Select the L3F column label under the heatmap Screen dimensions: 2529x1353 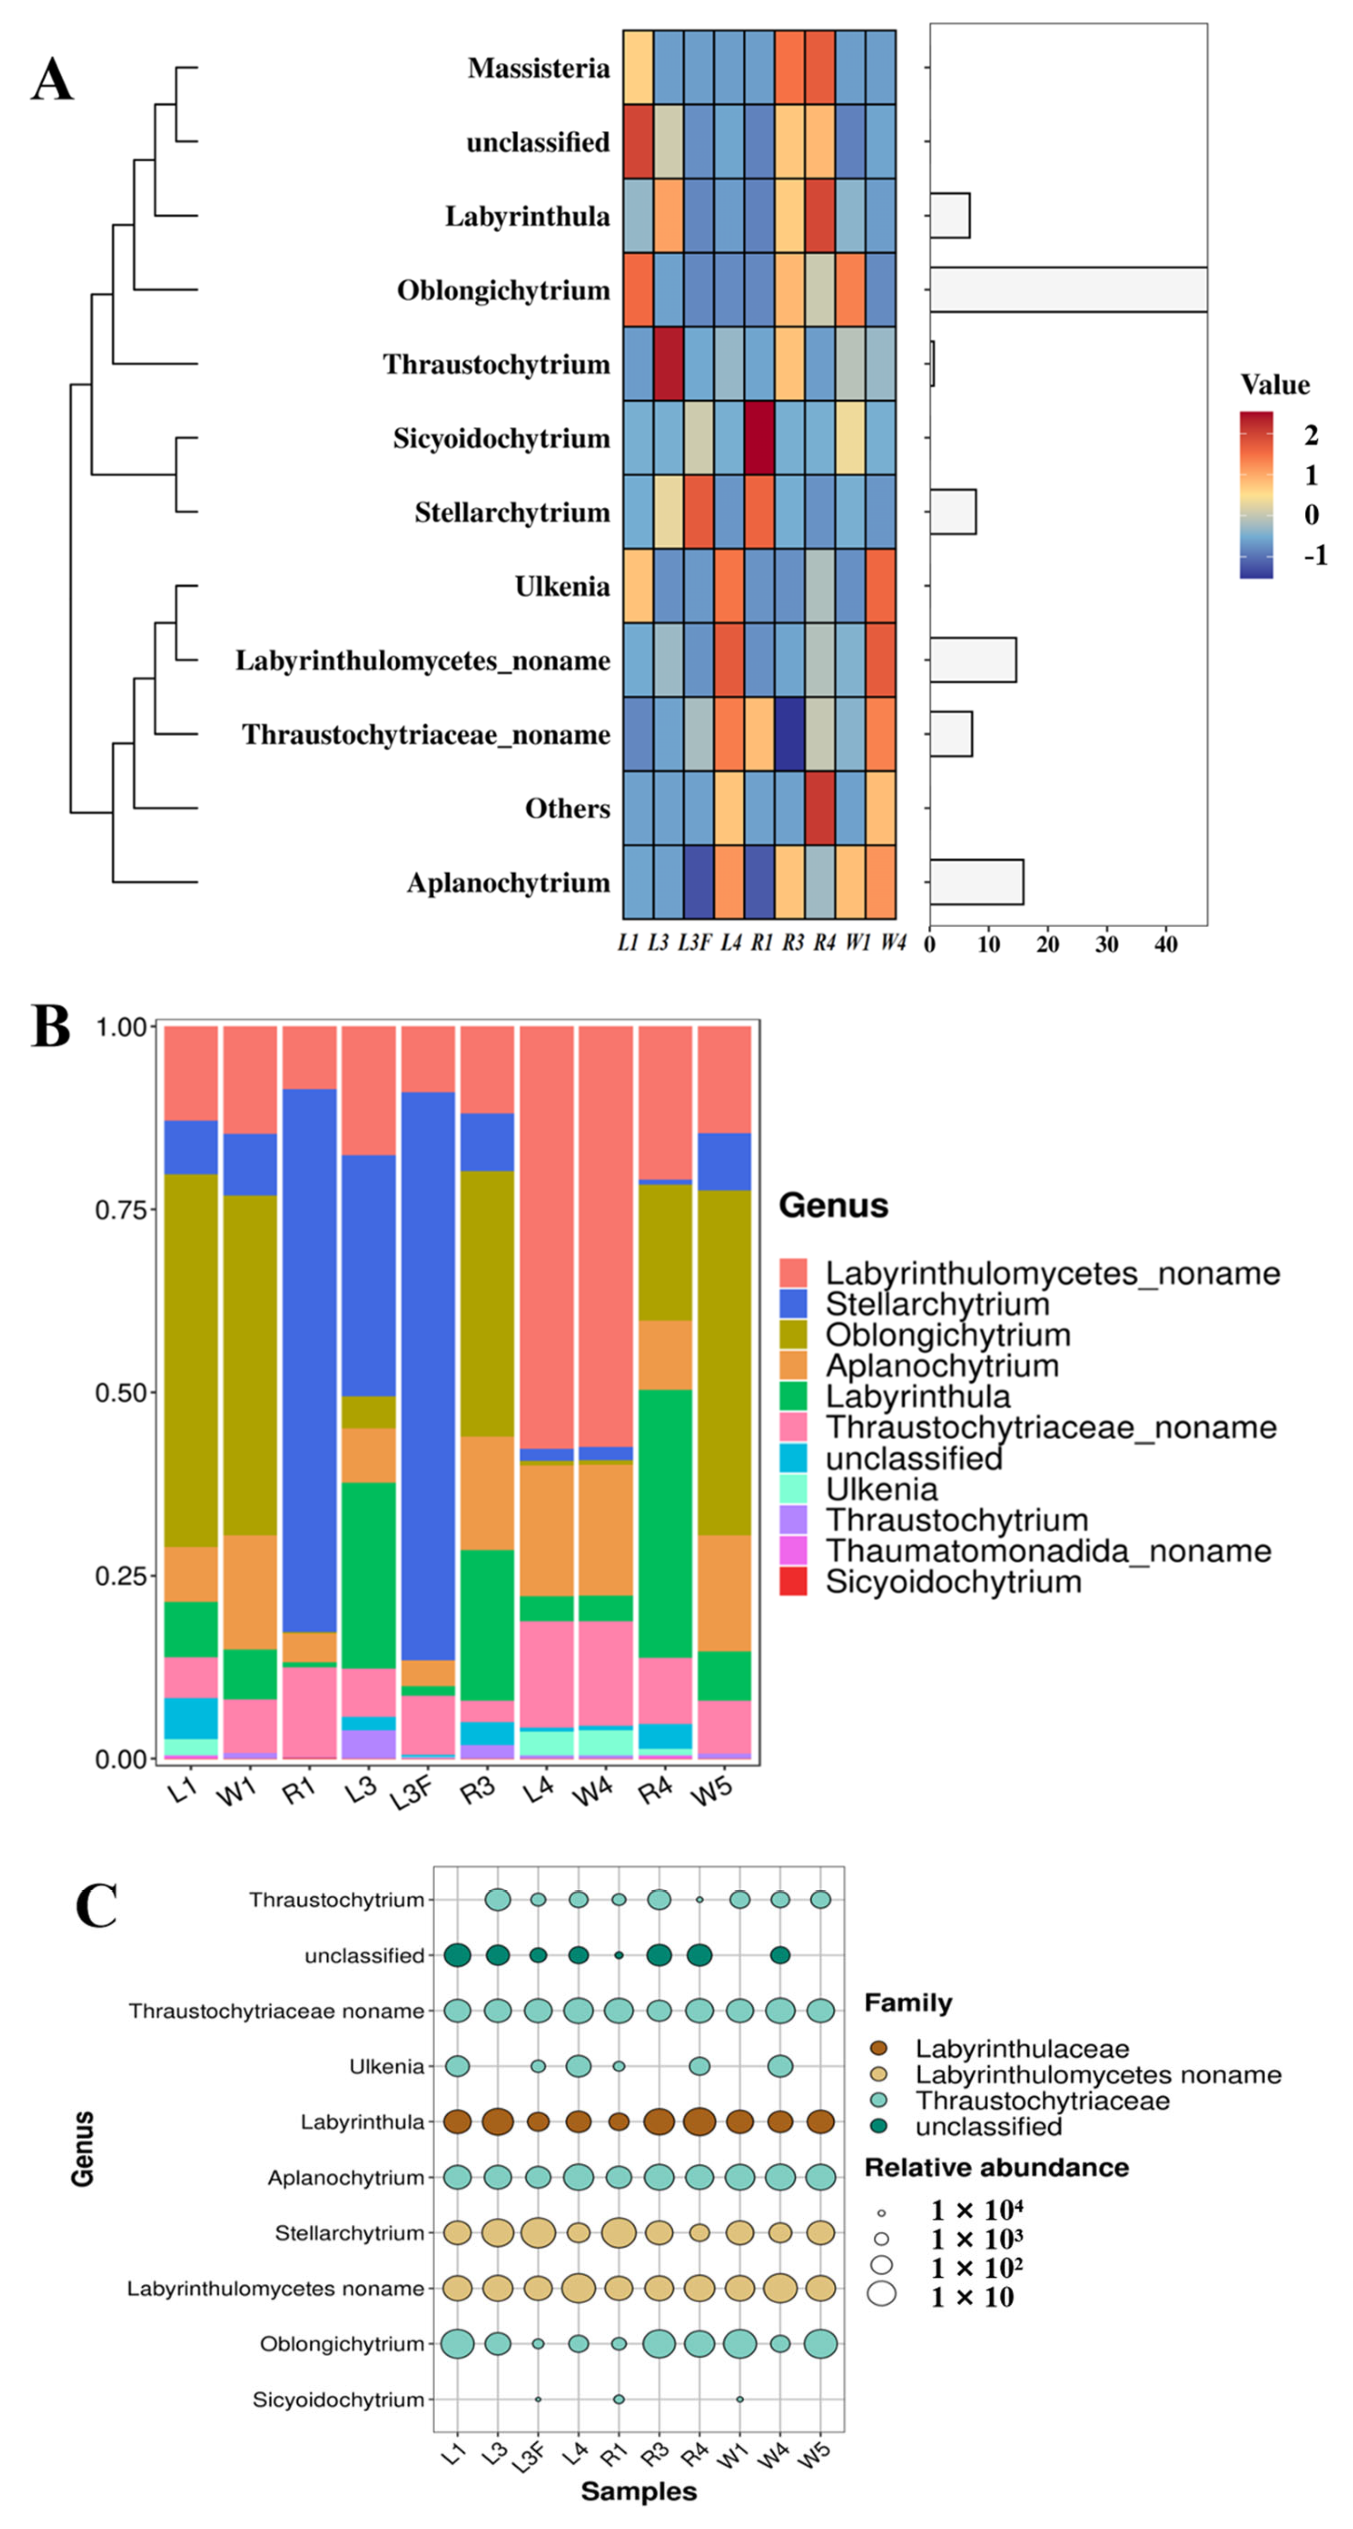point(695,943)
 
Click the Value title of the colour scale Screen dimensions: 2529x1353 point(1274,385)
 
